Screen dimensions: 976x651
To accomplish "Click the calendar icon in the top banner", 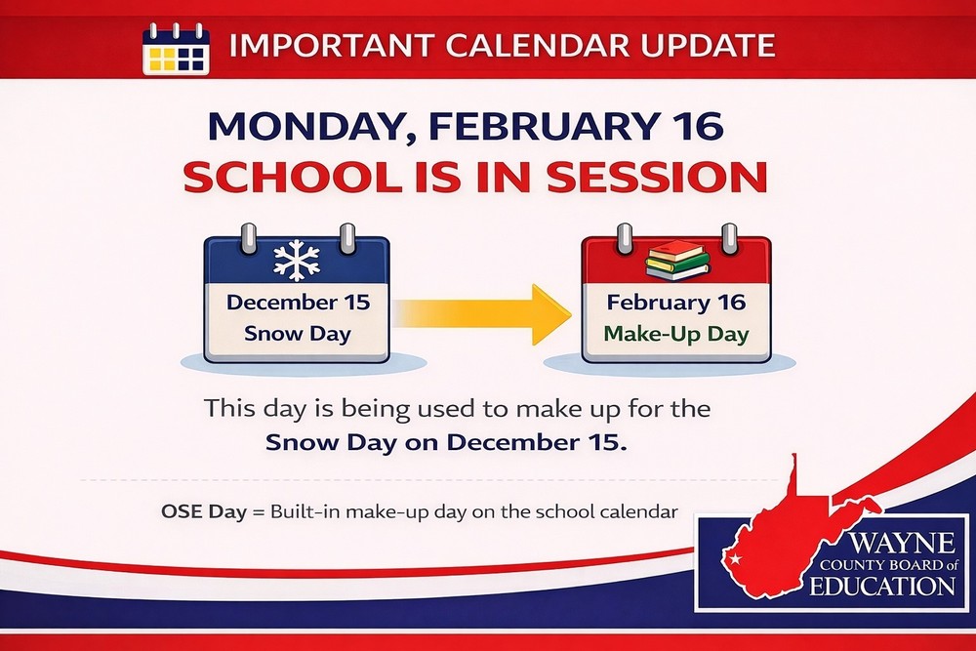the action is (176, 49).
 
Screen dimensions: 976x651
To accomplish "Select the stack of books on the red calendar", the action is (677, 261).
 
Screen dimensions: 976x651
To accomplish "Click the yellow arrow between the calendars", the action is (482, 313).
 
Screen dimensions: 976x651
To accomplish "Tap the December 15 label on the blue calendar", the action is (298, 302).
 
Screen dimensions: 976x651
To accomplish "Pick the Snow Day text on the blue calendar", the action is (298, 334).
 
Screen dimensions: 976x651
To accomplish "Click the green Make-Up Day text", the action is (676, 334).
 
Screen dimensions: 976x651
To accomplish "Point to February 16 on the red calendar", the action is (676, 303).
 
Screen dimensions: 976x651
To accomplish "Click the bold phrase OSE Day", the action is (204, 511).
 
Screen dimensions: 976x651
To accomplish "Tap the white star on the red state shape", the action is (736, 559).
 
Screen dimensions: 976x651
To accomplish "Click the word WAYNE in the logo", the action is (902, 544).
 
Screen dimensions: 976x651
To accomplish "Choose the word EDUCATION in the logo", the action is (882, 587).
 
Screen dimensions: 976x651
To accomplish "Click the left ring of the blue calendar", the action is (248, 240).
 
